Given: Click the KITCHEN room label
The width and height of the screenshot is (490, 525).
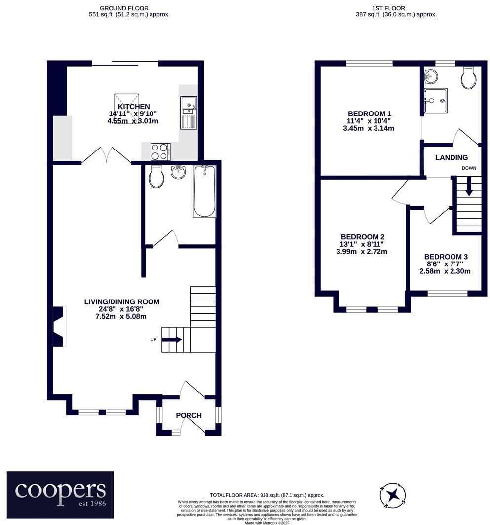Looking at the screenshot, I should pos(133,107).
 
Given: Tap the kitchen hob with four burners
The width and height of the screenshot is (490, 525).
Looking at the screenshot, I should pos(160,151).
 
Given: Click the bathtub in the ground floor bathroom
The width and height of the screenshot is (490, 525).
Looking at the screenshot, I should pos(205,191).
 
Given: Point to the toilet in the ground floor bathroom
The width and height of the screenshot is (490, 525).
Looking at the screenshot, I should pos(156,177).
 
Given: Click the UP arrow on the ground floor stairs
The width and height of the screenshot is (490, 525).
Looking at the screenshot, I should pos(171,339).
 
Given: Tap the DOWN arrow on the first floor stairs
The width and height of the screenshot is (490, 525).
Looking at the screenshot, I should pos(468,187).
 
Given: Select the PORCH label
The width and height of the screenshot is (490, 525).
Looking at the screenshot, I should pos(189,415).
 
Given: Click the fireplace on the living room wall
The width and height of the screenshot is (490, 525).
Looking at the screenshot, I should pos(58,326).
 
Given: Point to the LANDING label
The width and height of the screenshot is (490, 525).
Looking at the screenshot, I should pos(451,158).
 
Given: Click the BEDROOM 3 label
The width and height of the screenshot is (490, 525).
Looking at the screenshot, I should pos(446,257).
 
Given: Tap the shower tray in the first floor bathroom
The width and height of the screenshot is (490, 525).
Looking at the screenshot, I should pos(435,101).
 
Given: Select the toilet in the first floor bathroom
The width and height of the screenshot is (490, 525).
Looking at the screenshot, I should pos(468,78).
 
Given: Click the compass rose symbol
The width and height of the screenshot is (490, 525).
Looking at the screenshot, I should pos(393,494).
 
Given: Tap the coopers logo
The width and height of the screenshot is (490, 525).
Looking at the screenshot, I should pos(60,494).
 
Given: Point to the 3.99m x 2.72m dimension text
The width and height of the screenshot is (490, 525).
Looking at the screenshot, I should pos(361,252).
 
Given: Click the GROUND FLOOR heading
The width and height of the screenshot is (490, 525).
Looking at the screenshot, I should pos(123,8).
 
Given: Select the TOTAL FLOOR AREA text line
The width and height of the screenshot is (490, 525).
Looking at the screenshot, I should pos(266,495).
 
